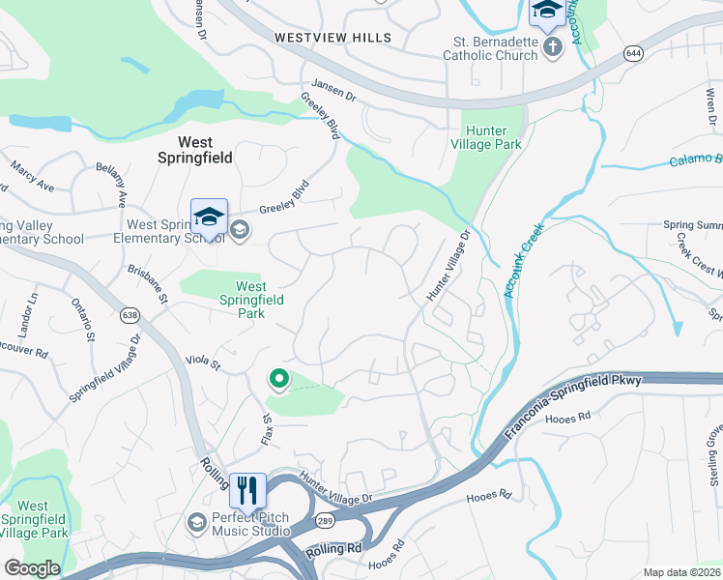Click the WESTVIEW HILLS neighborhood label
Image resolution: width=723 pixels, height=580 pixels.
[x=333, y=38]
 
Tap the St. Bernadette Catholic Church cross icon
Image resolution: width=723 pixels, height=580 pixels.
[x=552, y=47]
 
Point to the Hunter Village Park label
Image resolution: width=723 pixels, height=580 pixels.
[x=493, y=137]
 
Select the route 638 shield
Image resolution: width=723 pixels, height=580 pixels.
[x=130, y=315]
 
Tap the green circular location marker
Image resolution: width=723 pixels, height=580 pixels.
[x=279, y=380]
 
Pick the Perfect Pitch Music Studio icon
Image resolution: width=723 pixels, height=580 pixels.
[x=196, y=523]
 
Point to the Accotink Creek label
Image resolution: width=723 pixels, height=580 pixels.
[x=524, y=260]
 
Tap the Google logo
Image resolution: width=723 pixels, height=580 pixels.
[x=32, y=568]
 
